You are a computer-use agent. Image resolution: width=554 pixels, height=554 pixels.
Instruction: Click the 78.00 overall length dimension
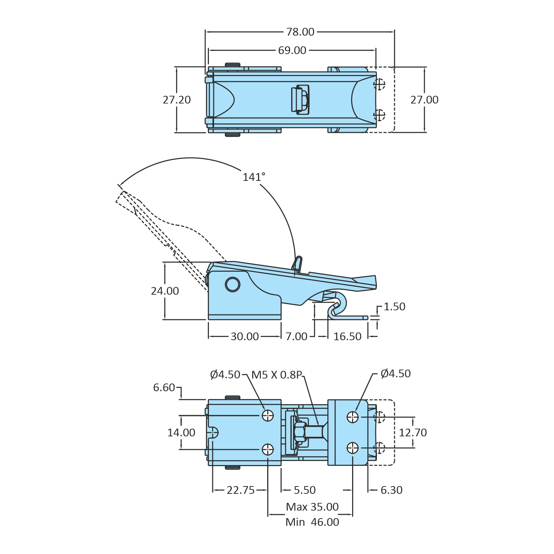tap(300, 32)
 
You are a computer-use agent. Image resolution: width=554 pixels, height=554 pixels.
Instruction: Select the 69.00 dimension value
tap(292, 51)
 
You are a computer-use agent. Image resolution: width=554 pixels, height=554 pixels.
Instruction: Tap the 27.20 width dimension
tap(177, 100)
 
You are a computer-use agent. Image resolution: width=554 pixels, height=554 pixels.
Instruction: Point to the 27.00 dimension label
tap(424, 100)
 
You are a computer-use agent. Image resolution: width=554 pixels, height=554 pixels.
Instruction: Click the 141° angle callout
tap(254, 177)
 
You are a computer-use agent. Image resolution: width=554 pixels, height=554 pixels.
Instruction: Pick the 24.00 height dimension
tap(165, 291)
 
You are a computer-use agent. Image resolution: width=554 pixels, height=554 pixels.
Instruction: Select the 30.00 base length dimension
tap(245, 337)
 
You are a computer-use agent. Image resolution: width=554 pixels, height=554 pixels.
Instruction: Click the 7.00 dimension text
tap(296, 337)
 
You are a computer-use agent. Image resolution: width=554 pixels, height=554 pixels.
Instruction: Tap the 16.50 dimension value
tap(347, 337)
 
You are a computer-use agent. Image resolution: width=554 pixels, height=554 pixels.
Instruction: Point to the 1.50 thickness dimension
tap(394, 307)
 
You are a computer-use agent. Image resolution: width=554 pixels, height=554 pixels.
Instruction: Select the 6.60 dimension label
tap(164, 388)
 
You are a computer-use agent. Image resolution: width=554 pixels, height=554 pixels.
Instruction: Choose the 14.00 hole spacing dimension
tap(181, 433)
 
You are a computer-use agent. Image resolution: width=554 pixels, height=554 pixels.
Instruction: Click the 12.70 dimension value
tap(413, 433)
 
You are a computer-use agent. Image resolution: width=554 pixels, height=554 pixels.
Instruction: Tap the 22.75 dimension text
tap(241, 490)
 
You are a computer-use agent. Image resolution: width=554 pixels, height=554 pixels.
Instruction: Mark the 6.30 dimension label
tap(391, 490)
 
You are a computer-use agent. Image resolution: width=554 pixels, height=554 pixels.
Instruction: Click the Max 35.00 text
tap(312, 507)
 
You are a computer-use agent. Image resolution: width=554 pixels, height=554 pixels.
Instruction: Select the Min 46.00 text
tap(312, 522)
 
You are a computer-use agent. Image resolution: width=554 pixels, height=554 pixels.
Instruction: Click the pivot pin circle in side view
tap(233, 285)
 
